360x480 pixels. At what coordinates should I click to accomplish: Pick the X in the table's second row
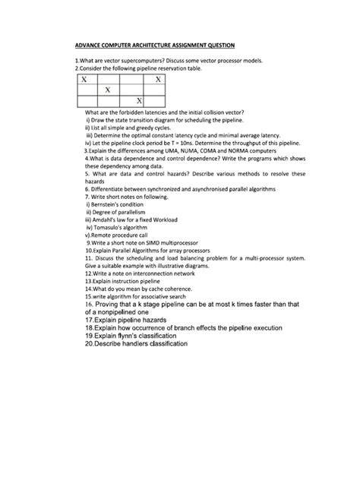(109, 90)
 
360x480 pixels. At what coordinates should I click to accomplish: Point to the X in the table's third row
(139, 101)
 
